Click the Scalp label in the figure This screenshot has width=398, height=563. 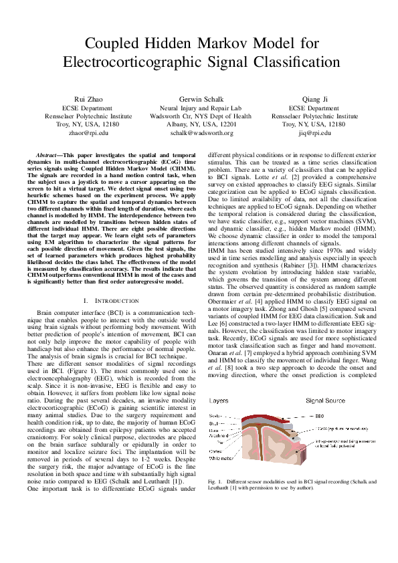(217, 416)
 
